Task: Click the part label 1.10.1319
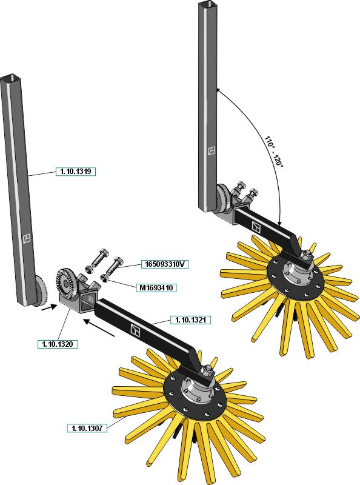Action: (x=76, y=172)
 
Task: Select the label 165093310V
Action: (x=165, y=264)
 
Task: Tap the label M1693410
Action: (x=156, y=288)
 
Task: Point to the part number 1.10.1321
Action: (x=191, y=320)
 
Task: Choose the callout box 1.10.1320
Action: (x=58, y=344)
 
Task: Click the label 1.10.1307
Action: (x=87, y=428)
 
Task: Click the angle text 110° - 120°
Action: (x=274, y=151)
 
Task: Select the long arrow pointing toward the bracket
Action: (x=99, y=328)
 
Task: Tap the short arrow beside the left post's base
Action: (x=49, y=308)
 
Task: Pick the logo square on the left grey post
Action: (x=27, y=238)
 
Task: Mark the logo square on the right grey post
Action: (x=212, y=151)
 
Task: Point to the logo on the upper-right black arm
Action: (x=257, y=227)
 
